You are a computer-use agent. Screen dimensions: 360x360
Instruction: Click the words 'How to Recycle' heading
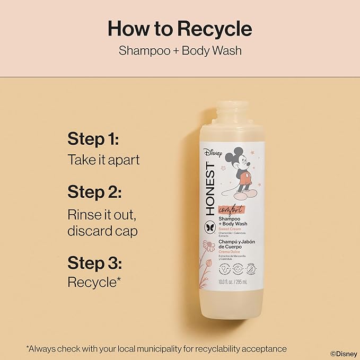[180, 28]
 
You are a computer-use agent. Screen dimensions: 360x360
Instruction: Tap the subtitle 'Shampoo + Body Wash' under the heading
[180, 51]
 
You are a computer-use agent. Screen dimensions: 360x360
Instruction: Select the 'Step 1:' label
[93, 139]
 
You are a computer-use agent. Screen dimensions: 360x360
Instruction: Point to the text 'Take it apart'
[104, 159]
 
